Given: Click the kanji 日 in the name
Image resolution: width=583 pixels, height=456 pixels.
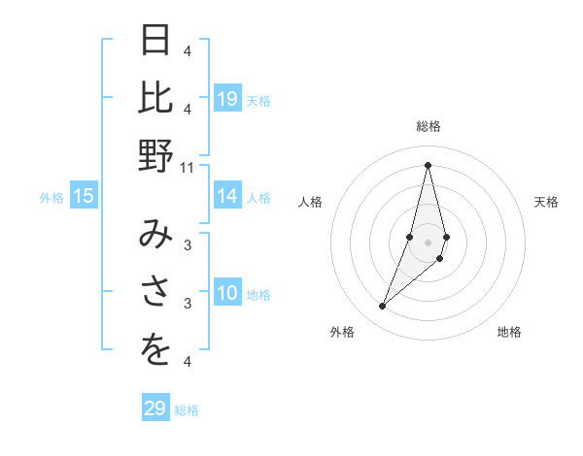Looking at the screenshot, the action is tap(155, 41).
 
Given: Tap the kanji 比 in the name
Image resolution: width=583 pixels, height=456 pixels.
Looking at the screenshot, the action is tap(155, 97).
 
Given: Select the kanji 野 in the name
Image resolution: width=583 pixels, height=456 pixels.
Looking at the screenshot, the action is tap(155, 154).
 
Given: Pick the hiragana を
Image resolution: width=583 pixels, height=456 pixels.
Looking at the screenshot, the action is tap(155, 351).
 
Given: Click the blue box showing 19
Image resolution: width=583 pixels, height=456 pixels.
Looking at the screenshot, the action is tap(227, 99).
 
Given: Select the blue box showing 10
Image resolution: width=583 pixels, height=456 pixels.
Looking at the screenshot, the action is tap(227, 294).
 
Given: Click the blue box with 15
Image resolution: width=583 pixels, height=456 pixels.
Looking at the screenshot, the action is tap(84, 197).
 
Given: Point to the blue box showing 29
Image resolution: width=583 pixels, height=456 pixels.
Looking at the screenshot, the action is tap(155, 408).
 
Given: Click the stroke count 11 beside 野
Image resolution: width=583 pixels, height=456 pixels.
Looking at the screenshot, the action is tap(188, 167).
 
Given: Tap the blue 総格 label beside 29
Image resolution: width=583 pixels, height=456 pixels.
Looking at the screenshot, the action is tap(187, 410).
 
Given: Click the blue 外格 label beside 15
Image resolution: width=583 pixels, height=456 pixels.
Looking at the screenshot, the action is tap(51, 198).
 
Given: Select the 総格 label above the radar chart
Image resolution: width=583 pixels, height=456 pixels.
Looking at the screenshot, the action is tap(428, 127).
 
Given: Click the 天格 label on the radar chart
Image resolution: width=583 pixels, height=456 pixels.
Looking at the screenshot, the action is tap(546, 202).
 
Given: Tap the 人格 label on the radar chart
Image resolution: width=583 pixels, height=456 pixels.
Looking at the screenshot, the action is tap(310, 202).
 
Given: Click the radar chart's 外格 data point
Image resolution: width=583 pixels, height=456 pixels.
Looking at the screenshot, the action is tap(383, 307).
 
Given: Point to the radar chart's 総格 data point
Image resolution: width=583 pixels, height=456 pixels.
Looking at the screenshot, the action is tap(428, 165).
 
